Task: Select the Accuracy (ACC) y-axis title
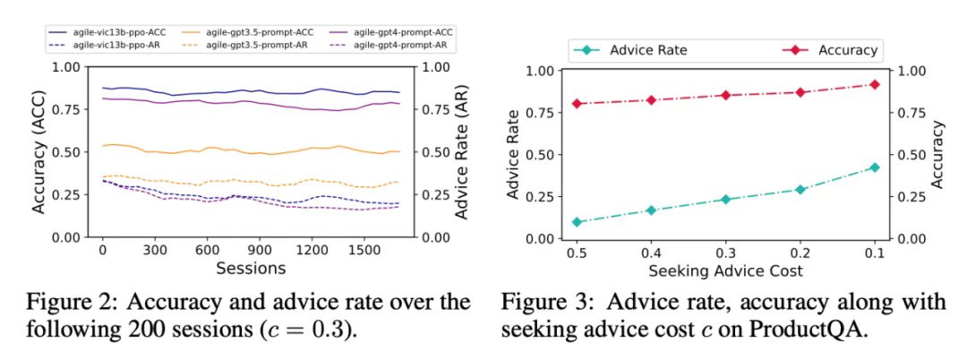pyautogui.click(x=39, y=151)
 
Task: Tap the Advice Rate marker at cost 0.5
pyautogui.click(x=578, y=222)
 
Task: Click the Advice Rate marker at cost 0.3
pyautogui.click(x=726, y=200)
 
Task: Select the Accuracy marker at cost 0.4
pyautogui.click(x=652, y=99)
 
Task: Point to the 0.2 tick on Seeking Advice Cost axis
pyautogui.click(x=800, y=253)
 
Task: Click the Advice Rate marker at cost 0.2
pyautogui.click(x=800, y=190)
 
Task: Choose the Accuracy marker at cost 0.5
pyautogui.click(x=578, y=104)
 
